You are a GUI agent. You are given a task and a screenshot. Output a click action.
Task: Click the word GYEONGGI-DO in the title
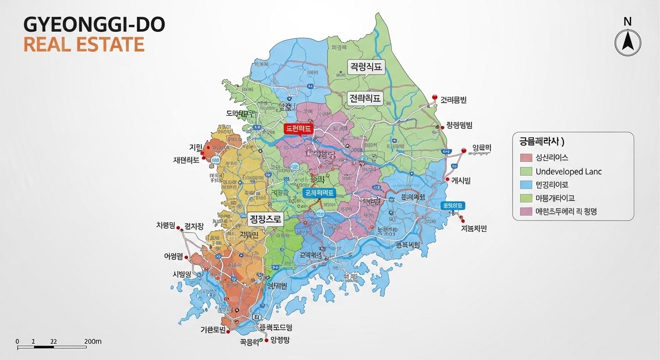click(x=94, y=25)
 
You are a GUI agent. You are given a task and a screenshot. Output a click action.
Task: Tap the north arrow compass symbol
click(x=628, y=43)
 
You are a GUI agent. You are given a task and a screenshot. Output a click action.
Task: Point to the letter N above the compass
click(x=627, y=22)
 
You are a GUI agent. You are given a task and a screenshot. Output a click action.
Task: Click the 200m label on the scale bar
click(x=93, y=341)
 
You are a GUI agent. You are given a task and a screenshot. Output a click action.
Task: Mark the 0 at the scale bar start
click(x=17, y=341)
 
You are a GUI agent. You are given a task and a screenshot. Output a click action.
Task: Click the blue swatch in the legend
click(x=526, y=185)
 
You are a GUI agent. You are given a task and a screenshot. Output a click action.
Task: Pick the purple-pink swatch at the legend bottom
click(x=526, y=211)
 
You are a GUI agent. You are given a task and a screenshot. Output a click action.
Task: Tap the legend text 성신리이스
click(x=552, y=158)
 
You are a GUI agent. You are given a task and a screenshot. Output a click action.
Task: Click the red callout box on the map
click(x=298, y=129)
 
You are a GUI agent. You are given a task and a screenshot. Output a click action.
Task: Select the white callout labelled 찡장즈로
click(x=265, y=219)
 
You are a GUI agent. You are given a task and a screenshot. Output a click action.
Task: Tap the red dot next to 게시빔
click(x=447, y=180)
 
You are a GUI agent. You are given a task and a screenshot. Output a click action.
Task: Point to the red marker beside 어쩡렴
click(x=187, y=257)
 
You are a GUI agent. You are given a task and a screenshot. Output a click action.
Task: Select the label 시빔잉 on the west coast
click(x=182, y=274)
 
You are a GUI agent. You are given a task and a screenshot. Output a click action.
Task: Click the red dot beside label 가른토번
click(x=228, y=331)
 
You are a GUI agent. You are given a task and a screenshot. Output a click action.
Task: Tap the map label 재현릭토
click(x=186, y=159)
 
